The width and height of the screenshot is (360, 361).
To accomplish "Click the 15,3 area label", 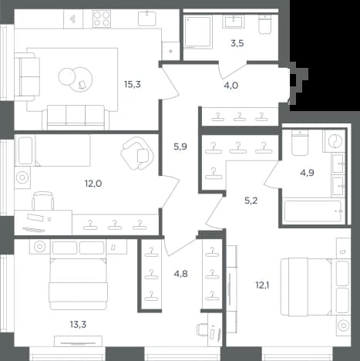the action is point(133,84).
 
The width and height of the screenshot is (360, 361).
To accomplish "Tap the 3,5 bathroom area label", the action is point(237,43).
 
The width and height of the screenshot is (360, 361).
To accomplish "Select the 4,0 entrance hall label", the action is point(231,86).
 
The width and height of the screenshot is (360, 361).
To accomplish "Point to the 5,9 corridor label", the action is point(180,147).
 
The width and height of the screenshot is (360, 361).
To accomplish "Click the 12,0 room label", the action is point(93,184).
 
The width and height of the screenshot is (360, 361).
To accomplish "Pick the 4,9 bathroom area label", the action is point(307,173).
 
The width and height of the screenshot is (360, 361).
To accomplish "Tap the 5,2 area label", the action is point(251,201).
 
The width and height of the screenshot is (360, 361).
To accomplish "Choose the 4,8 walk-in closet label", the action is point(180,274).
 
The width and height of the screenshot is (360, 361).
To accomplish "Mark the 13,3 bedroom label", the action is point(78,325).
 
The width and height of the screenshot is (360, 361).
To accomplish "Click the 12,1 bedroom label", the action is point(262,285).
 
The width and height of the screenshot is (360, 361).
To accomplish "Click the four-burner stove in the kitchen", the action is point(102,19).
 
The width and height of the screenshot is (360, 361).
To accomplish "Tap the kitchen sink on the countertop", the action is point(147,19).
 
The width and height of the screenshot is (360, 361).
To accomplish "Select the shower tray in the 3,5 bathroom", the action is point(198,32).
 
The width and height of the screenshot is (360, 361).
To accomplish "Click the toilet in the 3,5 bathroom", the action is point(264,24).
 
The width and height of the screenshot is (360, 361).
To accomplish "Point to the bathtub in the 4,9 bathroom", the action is point(313,211).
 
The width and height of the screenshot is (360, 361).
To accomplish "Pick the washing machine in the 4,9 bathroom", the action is point(335,141).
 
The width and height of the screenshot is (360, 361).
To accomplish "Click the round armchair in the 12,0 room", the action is point(137,154).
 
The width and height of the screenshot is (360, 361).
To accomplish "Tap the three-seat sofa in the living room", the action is point(76,117).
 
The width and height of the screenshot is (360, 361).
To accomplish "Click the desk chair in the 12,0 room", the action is point(43,201).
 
